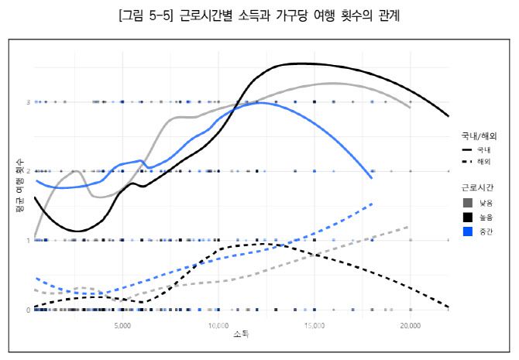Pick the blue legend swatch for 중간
pyautogui.click(x=467, y=231)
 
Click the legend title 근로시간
pyautogui.click(x=477, y=187)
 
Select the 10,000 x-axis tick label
pyautogui.click(x=218, y=326)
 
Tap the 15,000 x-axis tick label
pyautogui.click(x=314, y=326)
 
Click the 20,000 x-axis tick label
pyautogui.click(x=410, y=326)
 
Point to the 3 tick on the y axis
pyautogui.click(x=28, y=101)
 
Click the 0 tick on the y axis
pyautogui.click(x=28, y=310)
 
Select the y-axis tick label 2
pyautogui.click(x=28, y=171)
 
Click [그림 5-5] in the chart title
pyautogui.click(x=145, y=15)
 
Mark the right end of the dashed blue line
pyautogui.click(x=373, y=204)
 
